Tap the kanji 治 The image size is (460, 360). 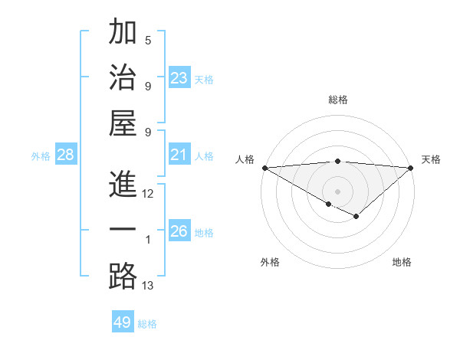123,78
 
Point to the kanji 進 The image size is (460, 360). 123,185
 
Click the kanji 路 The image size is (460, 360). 123,277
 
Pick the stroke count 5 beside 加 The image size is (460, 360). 148,40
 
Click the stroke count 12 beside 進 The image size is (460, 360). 148,194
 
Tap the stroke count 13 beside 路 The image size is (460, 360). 148,286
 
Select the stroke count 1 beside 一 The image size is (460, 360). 148,240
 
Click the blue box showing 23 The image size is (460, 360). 179,78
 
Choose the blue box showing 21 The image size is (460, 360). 179,155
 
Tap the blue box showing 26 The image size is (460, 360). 179,231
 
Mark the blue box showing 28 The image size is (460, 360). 66,155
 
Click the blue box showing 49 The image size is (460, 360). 123,322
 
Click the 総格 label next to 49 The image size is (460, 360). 148,324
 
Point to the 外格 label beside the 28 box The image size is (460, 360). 41,156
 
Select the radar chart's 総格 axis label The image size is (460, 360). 338,100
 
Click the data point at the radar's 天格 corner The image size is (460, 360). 412,168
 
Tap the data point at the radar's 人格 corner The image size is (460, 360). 264,168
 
